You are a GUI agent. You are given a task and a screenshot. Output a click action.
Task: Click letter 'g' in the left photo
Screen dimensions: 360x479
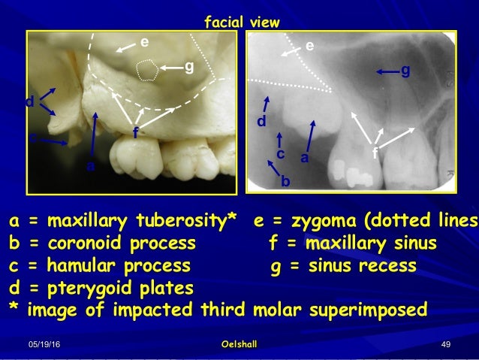[x=188, y=68]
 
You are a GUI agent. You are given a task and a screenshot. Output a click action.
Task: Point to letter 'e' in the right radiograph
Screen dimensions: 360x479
[x=309, y=46]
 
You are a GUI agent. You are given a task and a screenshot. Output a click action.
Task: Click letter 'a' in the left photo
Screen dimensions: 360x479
[x=90, y=167]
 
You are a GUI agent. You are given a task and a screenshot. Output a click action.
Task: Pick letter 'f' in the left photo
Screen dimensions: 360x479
[x=135, y=134]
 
